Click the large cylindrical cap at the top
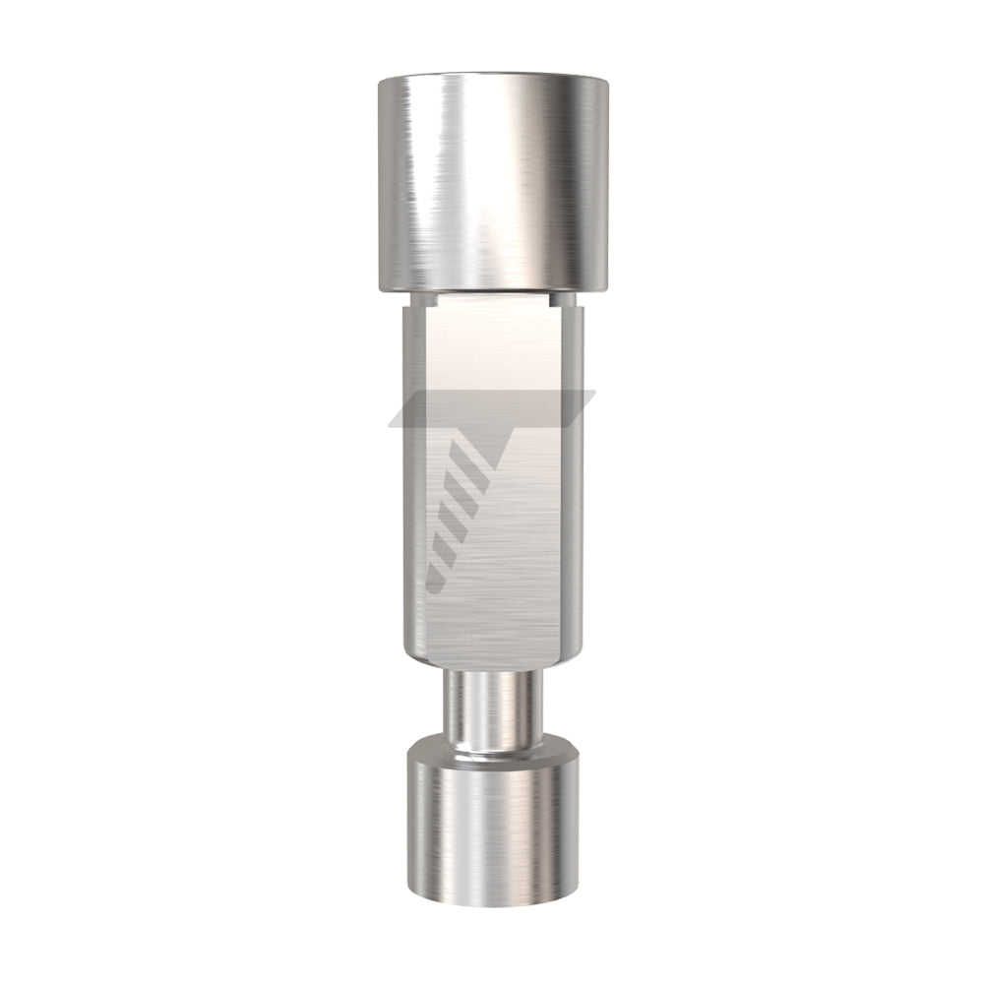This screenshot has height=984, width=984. pyautogui.click(x=492, y=182)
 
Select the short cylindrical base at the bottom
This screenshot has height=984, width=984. pyautogui.click(x=491, y=836)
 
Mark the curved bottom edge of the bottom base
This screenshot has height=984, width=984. pyautogui.click(x=492, y=902)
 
